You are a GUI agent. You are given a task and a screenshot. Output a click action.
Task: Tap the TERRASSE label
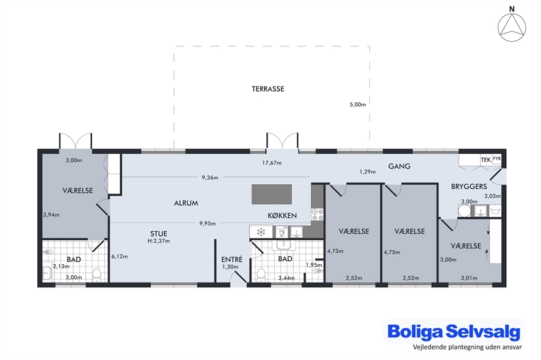[267, 89]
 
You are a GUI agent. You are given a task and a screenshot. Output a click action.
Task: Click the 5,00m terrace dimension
[357, 104]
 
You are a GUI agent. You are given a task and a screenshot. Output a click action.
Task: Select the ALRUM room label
[186, 203]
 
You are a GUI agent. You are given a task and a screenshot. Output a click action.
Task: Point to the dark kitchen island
[272, 194]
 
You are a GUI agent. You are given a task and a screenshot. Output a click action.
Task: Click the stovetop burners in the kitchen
[318, 214]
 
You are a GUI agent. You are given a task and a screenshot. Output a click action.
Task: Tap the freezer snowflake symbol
[261, 232]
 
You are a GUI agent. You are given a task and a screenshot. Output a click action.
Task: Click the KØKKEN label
[282, 215]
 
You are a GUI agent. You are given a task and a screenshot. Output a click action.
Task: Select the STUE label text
[159, 234]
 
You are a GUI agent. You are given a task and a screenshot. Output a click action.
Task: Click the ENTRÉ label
[232, 259]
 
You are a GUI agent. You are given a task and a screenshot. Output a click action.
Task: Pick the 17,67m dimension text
[272, 163]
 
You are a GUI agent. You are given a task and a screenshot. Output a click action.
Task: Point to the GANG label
[399, 166]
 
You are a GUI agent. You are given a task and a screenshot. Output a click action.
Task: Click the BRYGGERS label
[469, 187]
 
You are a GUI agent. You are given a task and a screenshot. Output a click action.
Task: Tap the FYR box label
[496, 159]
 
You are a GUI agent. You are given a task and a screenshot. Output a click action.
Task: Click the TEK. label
[486, 160]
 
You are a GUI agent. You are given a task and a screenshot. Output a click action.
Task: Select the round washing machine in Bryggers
[465, 211]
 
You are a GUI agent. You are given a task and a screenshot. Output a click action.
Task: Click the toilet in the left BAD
[96, 275]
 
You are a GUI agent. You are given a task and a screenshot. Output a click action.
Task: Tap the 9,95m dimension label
[208, 223]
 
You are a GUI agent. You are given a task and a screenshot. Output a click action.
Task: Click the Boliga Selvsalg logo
[454, 332]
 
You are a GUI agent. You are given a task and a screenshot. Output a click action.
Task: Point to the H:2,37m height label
[159, 241]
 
